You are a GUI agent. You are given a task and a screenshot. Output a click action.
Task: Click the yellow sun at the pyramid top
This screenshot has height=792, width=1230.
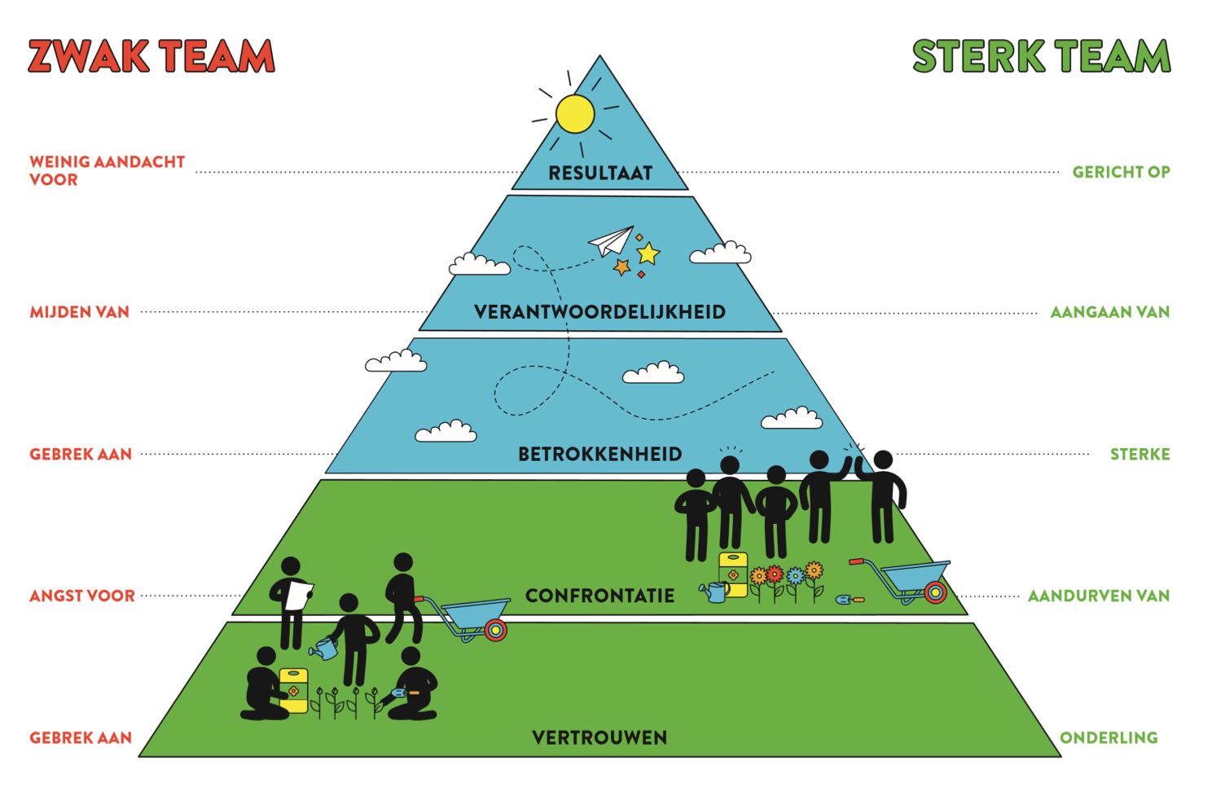(x=575, y=114)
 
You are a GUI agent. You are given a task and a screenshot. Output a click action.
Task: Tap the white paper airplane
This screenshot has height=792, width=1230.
(x=612, y=242)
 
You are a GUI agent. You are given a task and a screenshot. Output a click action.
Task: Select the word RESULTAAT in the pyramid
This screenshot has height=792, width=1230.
(x=600, y=173)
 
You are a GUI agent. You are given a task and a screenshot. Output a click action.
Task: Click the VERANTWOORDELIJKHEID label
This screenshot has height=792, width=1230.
(x=600, y=312)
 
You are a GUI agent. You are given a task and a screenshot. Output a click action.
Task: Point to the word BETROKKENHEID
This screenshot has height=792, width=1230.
(x=600, y=454)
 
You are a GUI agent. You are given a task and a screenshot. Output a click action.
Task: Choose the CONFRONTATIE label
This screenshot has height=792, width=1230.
(x=600, y=596)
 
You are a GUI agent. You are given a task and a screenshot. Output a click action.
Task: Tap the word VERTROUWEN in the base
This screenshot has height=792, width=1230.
(x=600, y=737)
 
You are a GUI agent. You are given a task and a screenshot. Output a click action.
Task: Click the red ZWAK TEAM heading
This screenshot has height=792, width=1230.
(x=152, y=56)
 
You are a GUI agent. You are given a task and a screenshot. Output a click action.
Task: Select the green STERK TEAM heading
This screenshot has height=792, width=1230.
(x=1042, y=56)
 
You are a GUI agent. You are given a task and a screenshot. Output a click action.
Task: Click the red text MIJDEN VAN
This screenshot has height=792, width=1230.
(x=80, y=312)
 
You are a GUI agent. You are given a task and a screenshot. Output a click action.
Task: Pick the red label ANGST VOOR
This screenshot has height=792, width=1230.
(x=82, y=596)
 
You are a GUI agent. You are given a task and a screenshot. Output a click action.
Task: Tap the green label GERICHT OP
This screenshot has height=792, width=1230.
(x=1122, y=172)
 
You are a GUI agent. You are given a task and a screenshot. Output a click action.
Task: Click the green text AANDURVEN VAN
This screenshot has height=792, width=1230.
(x=1099, y=596)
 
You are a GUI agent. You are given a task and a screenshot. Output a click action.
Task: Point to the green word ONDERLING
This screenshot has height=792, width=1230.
(x=1109, y=737)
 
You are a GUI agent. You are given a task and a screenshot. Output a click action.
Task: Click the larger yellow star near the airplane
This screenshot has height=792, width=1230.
(x=648, y=253)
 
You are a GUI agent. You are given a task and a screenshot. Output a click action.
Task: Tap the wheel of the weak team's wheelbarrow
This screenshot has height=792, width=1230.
(x=495, y=630)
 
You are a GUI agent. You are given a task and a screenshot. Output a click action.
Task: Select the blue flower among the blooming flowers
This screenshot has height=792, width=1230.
(x=794, y=576)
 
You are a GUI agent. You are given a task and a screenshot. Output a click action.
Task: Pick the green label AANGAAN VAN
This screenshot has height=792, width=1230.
(x=1110, y=312)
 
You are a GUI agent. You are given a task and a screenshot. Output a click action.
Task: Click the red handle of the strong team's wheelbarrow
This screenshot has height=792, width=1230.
(x=857, y=562)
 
